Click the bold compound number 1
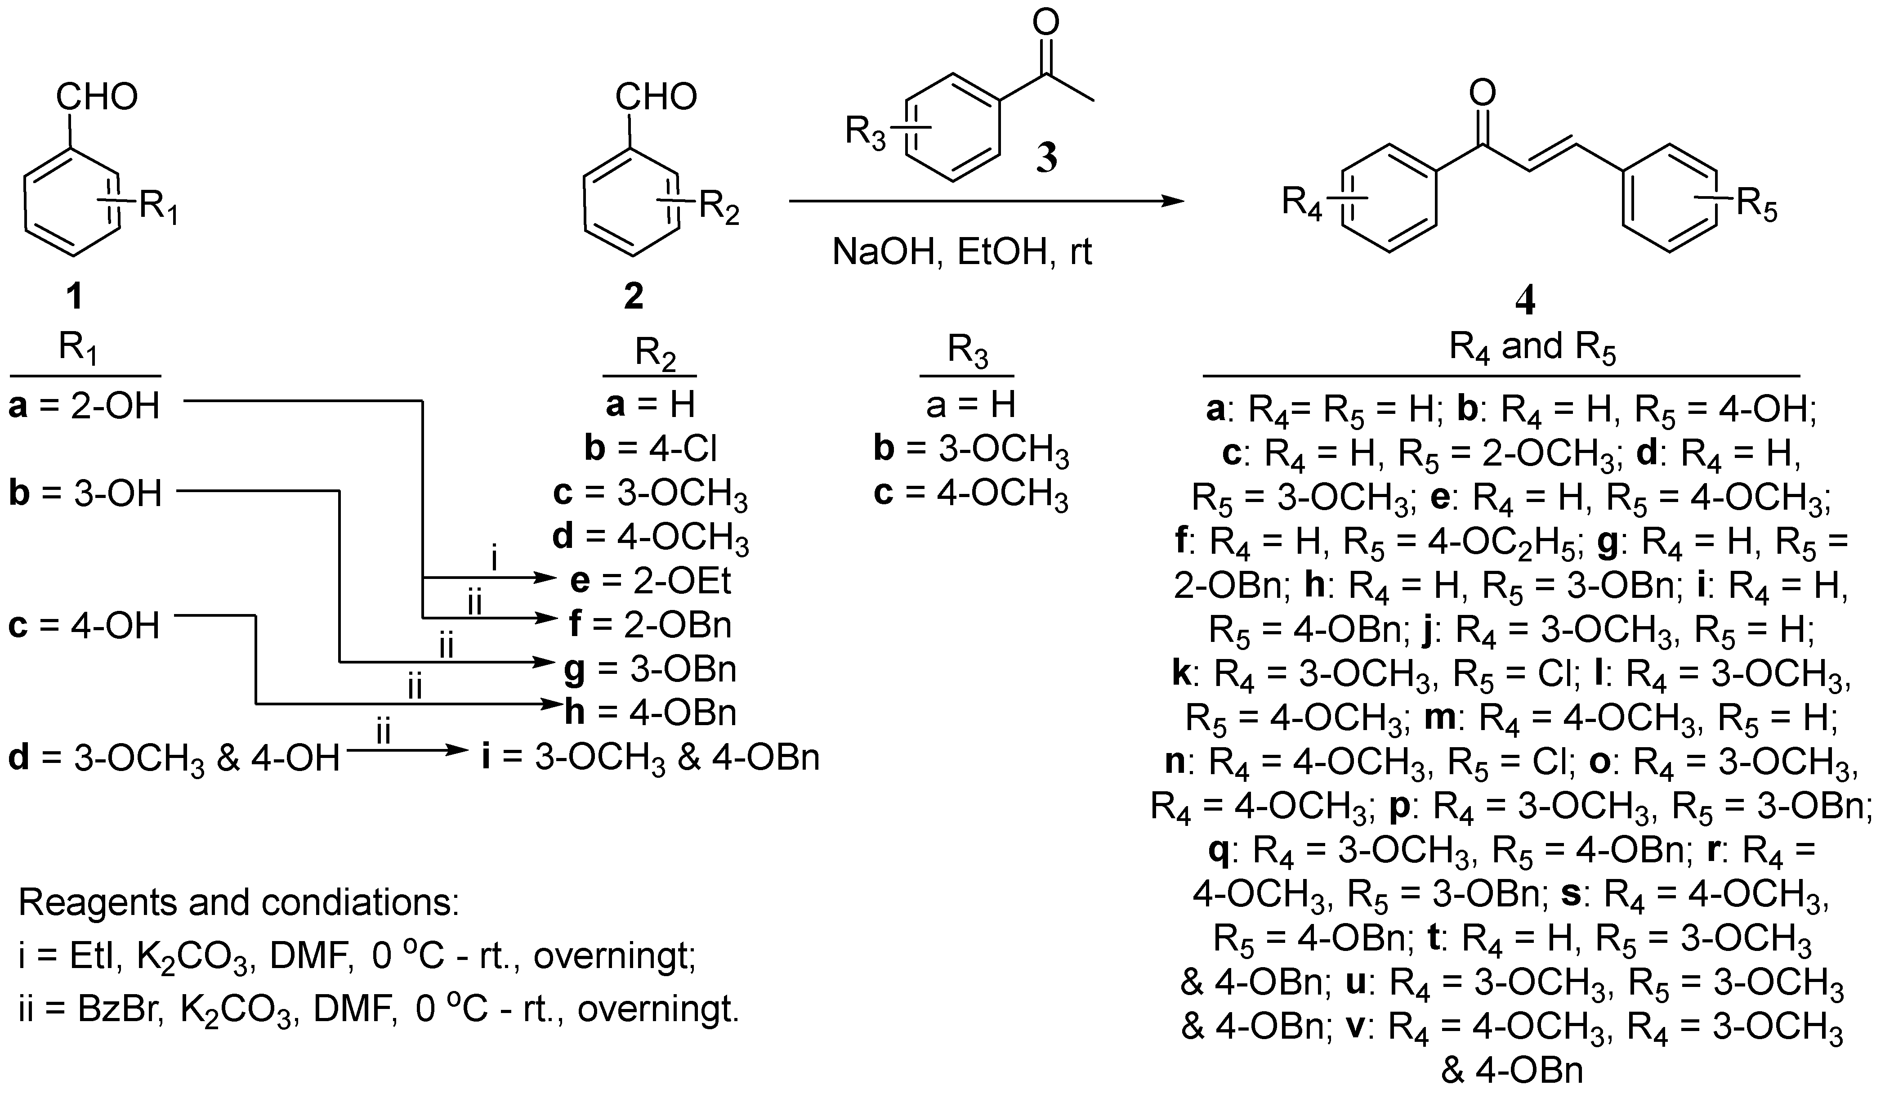(x=74, y=296)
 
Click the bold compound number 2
(x=633, y=296)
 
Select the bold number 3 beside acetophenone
(x=1046, y=159)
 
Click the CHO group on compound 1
(x=97, y=97)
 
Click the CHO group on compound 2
(x=656, y=97)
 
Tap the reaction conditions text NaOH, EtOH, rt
(x=962, y=252)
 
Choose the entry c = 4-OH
(x=85, y=626)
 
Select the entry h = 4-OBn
(x=651, y=713)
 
